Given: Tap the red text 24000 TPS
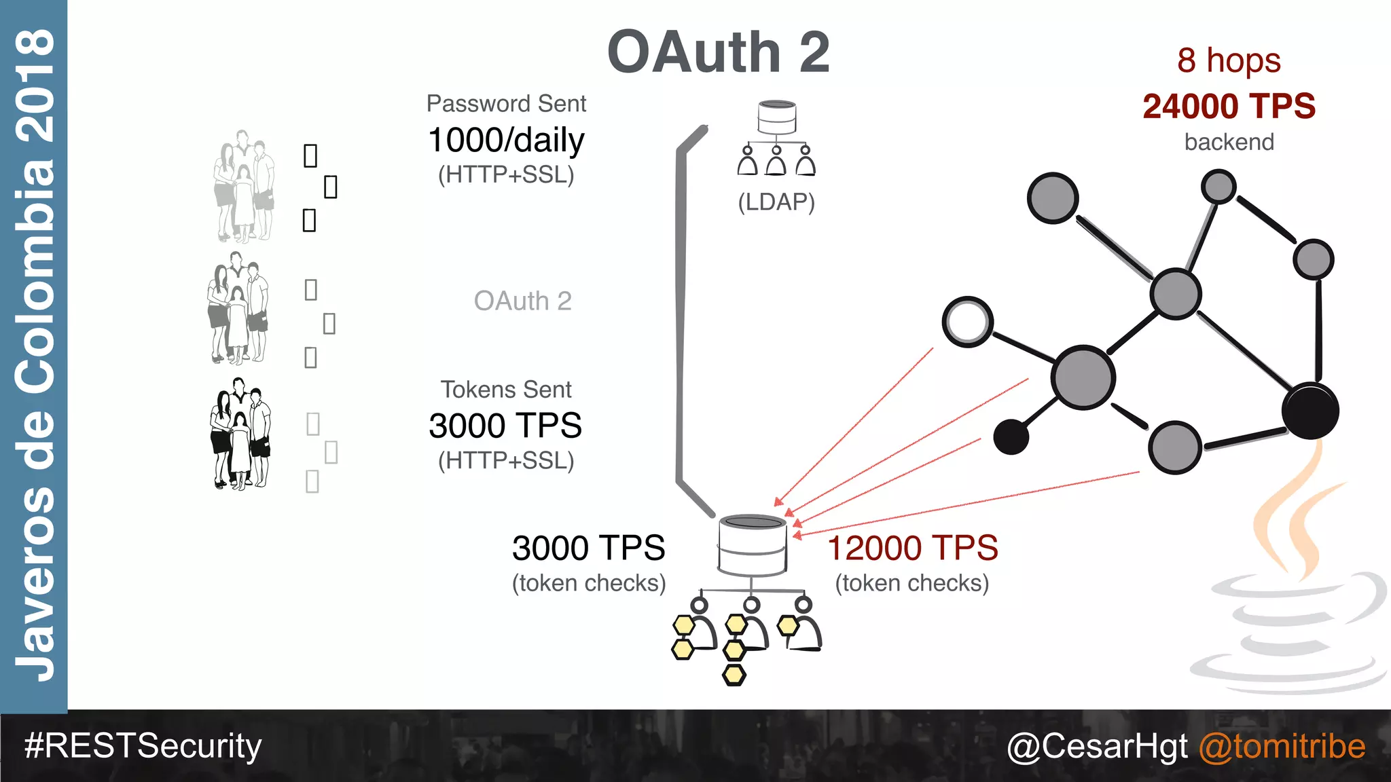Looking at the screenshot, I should point(1229,107).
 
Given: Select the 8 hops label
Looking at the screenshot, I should point(1229,60).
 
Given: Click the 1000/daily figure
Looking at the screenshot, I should point(506,140).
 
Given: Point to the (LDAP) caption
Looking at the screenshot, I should point(776,202).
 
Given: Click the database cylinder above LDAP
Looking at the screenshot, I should point(777,117).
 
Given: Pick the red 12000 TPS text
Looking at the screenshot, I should point(912,548).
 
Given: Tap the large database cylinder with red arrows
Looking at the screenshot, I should point(752,544).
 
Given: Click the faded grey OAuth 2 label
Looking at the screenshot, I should point(522,301).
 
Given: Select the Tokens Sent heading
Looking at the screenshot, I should point(506,390).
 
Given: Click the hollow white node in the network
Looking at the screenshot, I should point(967,322).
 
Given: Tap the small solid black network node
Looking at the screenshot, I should point(1011,436).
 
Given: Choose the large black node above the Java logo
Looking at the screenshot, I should point(1310,411).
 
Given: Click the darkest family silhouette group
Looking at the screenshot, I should point(240,434).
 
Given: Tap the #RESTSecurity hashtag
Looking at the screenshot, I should point(143,746).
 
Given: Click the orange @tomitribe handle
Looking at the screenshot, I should point(1282,746).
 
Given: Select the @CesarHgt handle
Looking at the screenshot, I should point(1097,746).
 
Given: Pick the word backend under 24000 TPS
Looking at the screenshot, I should point(1229,142).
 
